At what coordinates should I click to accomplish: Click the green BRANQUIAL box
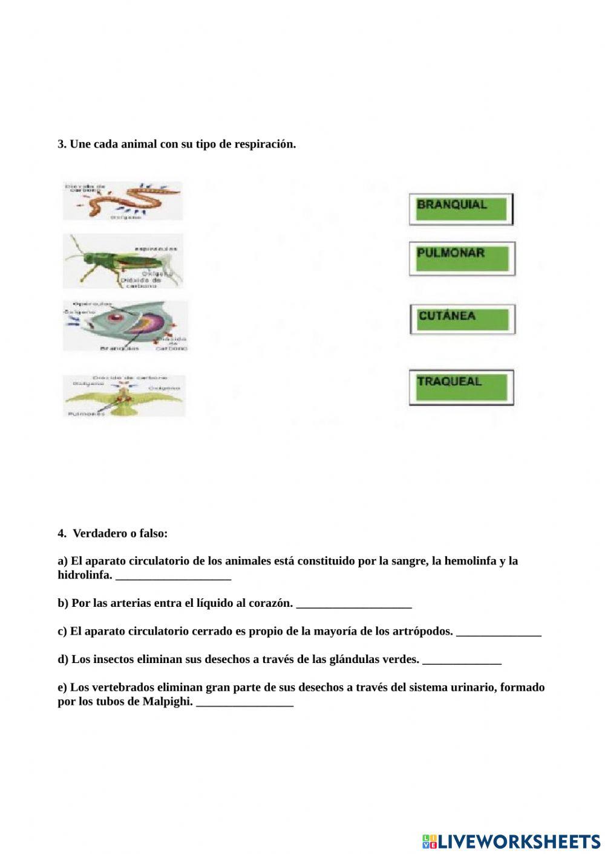(461, 209)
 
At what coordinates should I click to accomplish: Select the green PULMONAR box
(462, 258)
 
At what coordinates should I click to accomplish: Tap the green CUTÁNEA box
(462, 319)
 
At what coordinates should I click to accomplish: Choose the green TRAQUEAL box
(461, 387)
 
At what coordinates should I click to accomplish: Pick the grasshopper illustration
(123, 261)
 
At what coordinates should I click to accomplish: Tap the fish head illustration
(125, 326)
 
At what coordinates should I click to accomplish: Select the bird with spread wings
(124, 396)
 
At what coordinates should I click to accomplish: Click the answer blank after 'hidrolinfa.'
(173, 576)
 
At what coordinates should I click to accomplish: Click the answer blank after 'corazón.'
(354, 604)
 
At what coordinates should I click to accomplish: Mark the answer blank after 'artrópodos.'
(499, 632)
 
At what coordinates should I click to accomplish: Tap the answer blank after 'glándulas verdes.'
(462, 660)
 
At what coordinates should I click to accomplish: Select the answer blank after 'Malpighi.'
(244, 702)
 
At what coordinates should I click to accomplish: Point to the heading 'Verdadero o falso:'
(120, 534)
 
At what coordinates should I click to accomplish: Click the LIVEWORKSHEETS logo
(511, 841)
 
